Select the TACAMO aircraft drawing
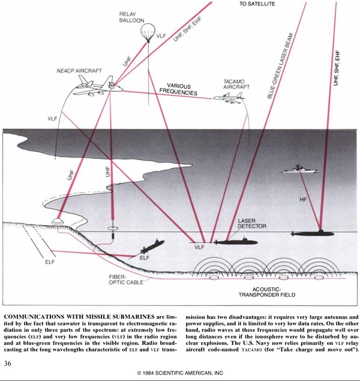(229, 98)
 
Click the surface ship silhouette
(299, 169)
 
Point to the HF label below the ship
(303, 200)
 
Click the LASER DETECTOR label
(252, 224)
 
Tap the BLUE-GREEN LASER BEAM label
(280, 66)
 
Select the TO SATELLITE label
(257, 4)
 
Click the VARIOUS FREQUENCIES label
(178, 89)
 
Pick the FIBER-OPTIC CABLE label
(126, 280)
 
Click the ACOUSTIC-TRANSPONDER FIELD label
(267, 292)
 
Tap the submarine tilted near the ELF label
(152, 247)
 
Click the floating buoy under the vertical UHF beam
(112, 229)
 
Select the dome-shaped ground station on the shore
(58, 221)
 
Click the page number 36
(8, 364)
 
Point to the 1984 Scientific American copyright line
(180, 373)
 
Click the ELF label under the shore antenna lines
(50, 262)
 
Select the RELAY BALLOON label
(131, 17)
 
